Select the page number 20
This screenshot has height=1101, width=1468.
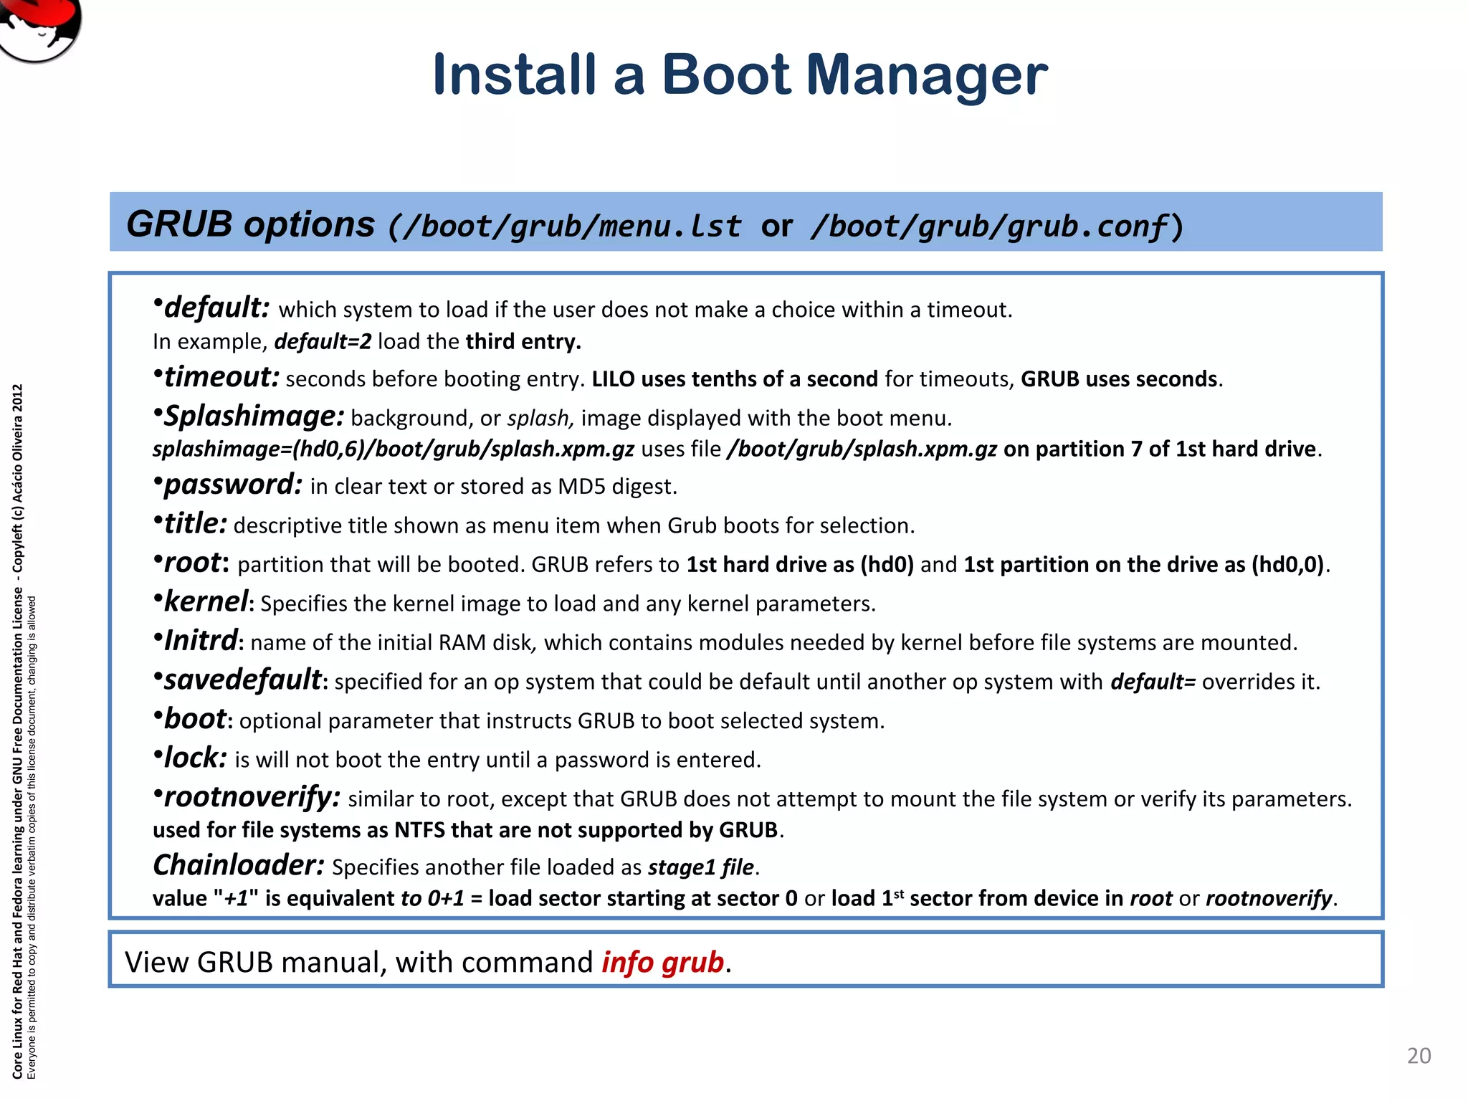pyautogui.click(x=1419, y=1056)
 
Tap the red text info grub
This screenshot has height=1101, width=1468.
pyautogui.click(x=662, y=962)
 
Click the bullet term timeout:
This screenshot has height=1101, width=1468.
pyautogui.click(x=221, y=377)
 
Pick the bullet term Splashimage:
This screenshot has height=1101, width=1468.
pyautogui.click(x=253, y=416)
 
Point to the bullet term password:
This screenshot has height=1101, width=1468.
pyautogui.click(x=232, y=485)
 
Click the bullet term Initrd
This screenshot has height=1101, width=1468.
pyautogui.click(x=201, y=641)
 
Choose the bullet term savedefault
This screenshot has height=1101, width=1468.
pyautogui.click(x=242, y=680)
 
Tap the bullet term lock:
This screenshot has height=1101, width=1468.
pyautogui.click(x=195, y=758)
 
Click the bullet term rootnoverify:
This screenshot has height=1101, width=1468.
pyautogui.click(x=252, y=797)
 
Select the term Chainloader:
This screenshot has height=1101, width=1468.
pyautogui.click(x=239, y=866)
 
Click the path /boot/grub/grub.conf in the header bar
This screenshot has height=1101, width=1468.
pyautogui.click(x=989, y=227)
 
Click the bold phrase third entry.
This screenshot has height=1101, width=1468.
pyautogui.click(x=523, y=342)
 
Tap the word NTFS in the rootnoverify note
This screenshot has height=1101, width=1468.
pyautogui.click(x=420, y=830)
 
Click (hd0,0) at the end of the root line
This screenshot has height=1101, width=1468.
pyautogui.click(x=1287, y=565)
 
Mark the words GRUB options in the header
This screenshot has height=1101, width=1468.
pyautogui.click(x=250, y=224)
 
